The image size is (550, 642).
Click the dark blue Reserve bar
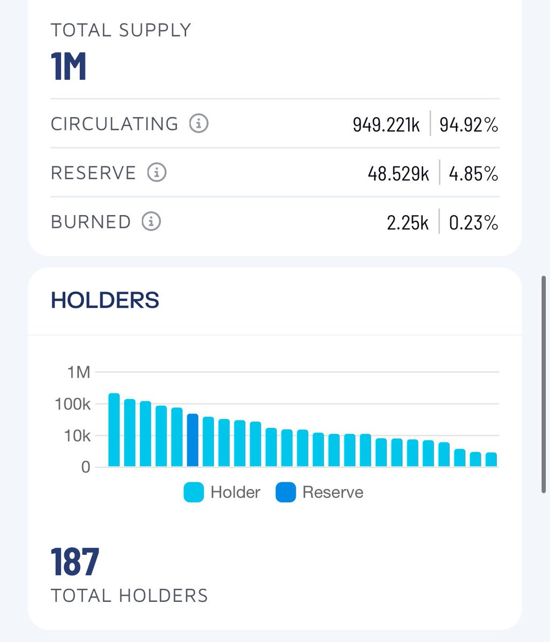193,440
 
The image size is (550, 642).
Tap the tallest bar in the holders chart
114,430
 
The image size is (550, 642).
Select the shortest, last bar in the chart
491,460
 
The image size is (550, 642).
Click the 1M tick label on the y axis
79,372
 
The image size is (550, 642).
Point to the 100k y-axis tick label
73,404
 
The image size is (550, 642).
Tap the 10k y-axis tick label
77,436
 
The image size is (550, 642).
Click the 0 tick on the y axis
86,467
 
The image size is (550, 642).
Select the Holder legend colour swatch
194,492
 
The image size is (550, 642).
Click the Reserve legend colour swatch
286,492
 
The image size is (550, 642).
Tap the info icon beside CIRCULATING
198,124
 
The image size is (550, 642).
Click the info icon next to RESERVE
157,173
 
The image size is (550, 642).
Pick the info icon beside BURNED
151,221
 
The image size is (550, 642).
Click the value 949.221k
386,125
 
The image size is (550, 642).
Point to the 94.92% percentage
469,125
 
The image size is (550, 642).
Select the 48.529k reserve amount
398,174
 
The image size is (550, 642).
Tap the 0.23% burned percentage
473,223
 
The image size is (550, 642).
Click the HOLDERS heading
105,300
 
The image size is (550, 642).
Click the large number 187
75,562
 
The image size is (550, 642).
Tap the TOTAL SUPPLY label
121,30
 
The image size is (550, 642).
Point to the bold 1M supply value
69,66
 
